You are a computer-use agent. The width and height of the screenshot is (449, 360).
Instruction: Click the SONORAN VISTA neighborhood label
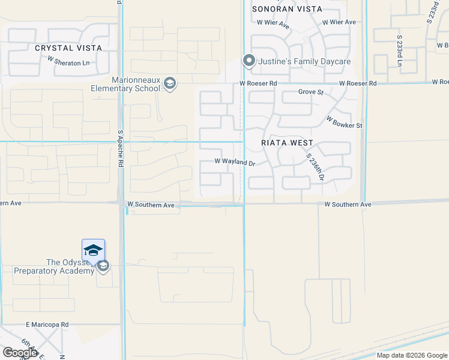[x=287, y=9]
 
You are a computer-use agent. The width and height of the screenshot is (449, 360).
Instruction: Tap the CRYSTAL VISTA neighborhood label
[x=68, y=48]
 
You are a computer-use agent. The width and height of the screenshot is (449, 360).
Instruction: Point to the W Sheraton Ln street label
[x=68, y=62]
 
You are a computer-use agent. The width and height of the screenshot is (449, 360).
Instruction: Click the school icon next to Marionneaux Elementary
[x=170, y=83]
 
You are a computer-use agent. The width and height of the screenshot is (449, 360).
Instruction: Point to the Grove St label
[x=311, y=92]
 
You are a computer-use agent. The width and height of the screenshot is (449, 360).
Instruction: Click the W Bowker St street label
[x=345, y=122]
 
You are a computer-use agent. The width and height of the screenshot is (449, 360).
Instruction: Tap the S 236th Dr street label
[x=315, y=167]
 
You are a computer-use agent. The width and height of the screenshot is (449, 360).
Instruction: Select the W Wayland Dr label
[x=235, y=162]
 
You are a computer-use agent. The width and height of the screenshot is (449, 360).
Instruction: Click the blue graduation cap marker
[x=93, y=250]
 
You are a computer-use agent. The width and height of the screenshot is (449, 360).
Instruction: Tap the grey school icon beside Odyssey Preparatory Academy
[x=103, y=266]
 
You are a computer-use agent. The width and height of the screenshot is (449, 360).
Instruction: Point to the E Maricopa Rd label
[x=47, y=325]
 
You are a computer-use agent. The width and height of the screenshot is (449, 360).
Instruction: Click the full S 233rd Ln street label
[x=399, y=50]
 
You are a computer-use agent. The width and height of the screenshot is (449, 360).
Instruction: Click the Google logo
[x=20, y=353]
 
